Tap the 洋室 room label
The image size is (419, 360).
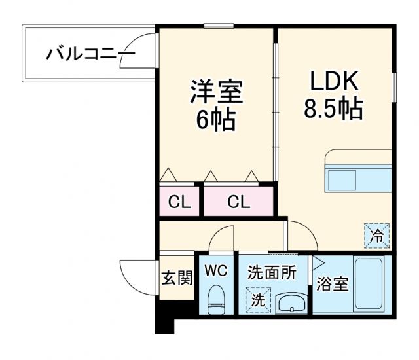tap(215, 92)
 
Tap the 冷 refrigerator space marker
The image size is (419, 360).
tap(377, 234)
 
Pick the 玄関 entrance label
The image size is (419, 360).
tap(177, 278)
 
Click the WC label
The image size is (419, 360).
tap(215, 270)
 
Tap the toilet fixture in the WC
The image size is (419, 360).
tap(215, 300)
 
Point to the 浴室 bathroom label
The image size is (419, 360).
tap(331, 285)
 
